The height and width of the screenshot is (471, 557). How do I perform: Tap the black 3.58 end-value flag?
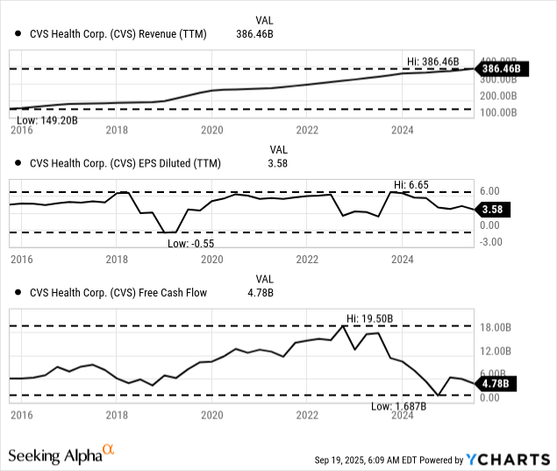(x=495, y=209)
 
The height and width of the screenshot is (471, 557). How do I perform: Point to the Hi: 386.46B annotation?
(x=433, y=61)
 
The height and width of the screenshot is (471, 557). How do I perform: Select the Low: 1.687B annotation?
(x=398, y=406)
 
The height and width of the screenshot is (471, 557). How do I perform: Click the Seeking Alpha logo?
(x=61, y=454)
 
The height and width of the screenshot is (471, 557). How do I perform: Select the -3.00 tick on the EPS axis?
(x=492, y=242)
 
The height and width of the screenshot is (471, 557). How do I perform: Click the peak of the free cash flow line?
(x=344, y=325)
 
